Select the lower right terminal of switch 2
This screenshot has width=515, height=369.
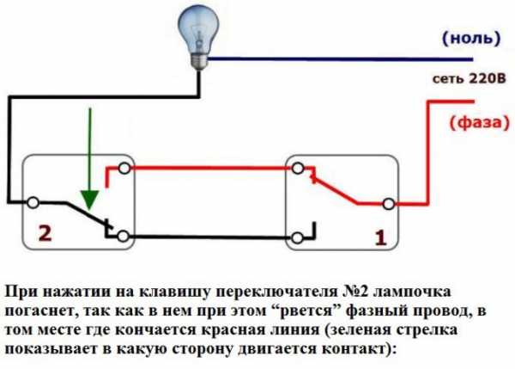[x=125, y=235]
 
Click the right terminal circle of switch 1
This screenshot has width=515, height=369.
[x=388, y=204]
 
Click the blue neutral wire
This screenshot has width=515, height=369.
[x=343, y=59]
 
